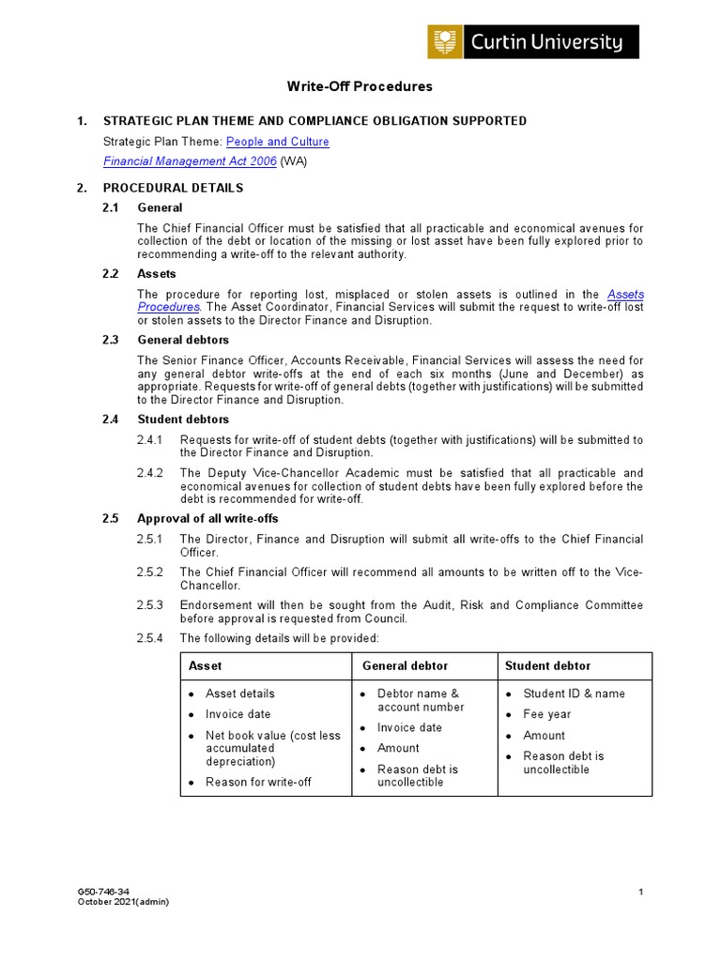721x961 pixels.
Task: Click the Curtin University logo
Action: point(532,42)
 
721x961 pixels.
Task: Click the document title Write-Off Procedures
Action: point(360,86)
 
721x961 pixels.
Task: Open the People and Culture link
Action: point(277,142)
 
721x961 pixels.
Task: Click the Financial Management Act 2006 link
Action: point(190,161)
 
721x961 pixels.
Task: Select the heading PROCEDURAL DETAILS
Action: point(173,188)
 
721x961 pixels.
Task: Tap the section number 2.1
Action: point(111,207)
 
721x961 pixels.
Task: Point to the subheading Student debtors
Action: point(183,419)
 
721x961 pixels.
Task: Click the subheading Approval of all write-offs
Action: point(207,519)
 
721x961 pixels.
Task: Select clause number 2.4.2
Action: point(150,473)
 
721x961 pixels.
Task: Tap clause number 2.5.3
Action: point(150,605)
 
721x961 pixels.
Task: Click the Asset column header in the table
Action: point(206,666)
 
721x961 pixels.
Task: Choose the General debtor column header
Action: point(406,666)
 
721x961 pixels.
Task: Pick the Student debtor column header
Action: point(547,666)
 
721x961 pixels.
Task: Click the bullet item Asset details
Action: point(240,694)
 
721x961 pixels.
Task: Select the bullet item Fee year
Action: point(546,714)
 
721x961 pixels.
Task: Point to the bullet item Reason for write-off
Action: point(258,782)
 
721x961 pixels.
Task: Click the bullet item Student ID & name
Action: point(574,694)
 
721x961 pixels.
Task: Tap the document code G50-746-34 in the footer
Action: point(104,892)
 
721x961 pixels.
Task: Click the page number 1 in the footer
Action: point(640,892)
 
